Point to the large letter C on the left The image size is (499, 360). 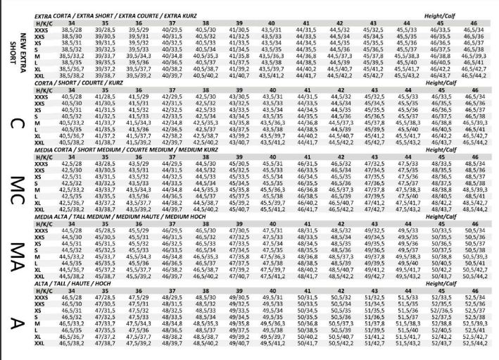click(16, 123)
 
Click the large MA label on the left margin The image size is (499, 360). click(16, 254)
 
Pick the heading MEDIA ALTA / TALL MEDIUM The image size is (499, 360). click(105, 218)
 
